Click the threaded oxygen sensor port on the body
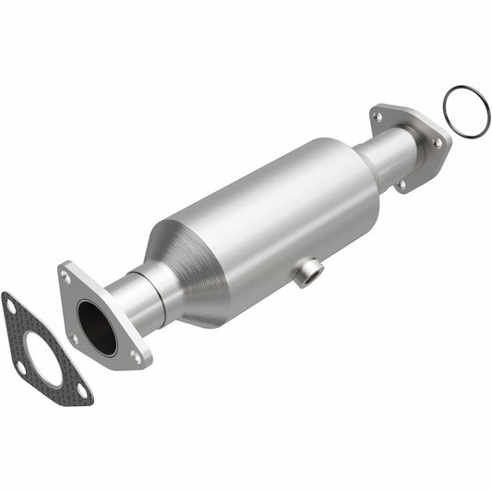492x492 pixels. click(308, 272)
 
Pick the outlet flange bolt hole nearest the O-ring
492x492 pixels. click(436, 143)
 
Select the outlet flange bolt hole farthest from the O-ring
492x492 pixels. click(378, 116)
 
